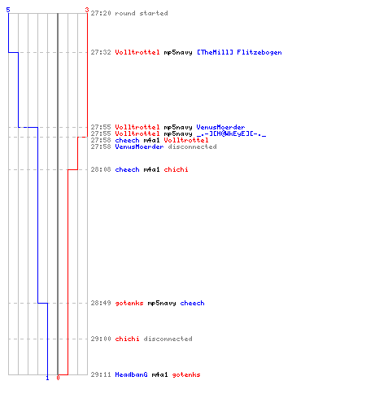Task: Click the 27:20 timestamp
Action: [x=101, y=13]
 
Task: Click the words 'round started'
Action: [x=142, y=13]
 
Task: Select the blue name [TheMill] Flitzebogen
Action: [x=239, y=52]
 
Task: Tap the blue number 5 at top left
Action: [x=8, y=10]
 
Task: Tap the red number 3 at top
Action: [x=87, y=10]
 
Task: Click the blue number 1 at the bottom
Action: [x=47, y=378]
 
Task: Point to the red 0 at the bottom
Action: [x=58, y=378]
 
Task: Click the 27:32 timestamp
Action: [x=101, y=52]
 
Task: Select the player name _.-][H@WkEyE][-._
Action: [x=231, y=133]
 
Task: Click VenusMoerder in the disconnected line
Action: [x=139, y=147]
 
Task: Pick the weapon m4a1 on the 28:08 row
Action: [x=151, y=169]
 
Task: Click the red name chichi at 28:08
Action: [x=176, y=169]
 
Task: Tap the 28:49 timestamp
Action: [x=101, y=303]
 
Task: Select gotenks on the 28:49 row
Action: [x=129, y=303]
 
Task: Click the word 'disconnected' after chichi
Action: [x=168, y=339]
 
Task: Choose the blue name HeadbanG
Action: [x=131, y=374]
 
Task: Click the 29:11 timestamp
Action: [x=101, y=374]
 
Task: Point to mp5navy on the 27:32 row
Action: [x=178, y=52]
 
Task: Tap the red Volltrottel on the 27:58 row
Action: [x=186, y=140]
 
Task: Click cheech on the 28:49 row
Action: [x=192, y=303]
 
